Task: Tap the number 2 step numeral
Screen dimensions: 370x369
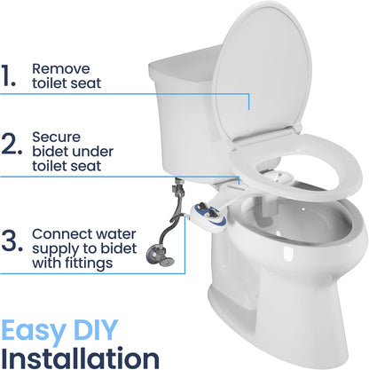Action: (12, 145)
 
